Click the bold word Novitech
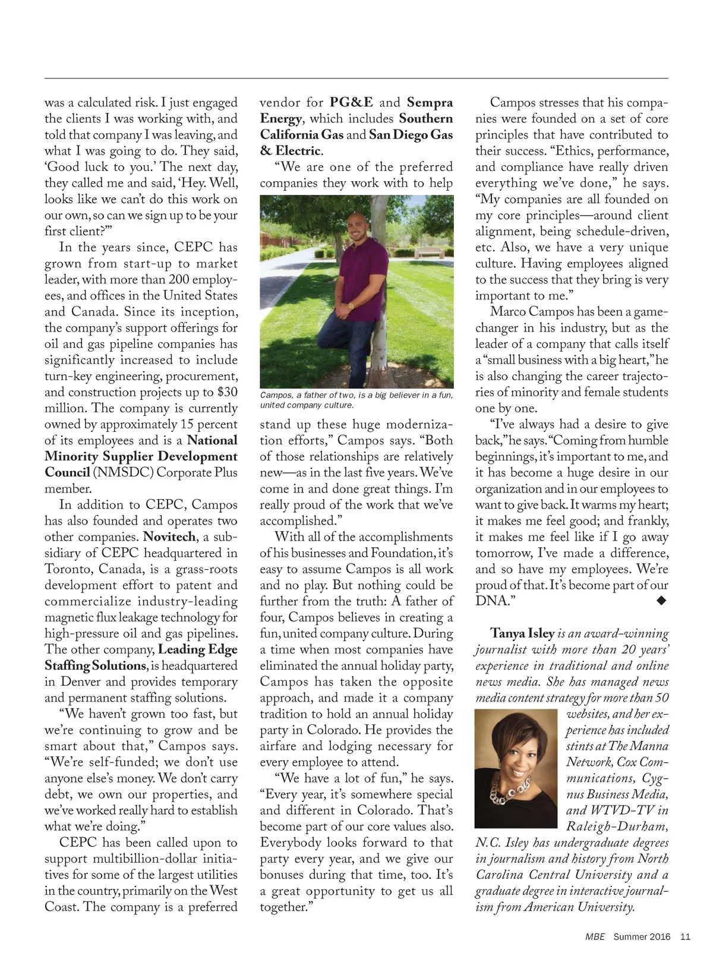point(169,536)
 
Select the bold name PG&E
point(351,103)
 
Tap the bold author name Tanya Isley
point(522,633)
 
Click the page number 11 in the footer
point(685,937)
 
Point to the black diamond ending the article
point(661,601)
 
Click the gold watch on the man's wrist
point(351,305)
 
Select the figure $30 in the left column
point(227,392)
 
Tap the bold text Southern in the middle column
point(425,119)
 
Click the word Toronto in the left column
point(68,569)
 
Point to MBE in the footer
point(595,937)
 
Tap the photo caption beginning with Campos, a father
point(356,400)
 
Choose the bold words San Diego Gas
point(411,135)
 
